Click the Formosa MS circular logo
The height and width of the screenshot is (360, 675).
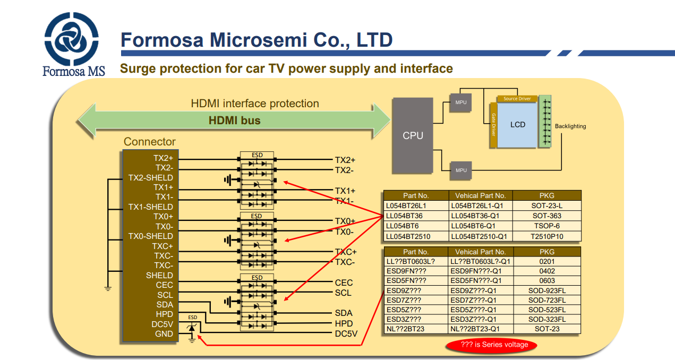[71, 39]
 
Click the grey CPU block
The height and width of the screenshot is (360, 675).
[413, 135]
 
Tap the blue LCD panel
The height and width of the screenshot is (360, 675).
[517, 125]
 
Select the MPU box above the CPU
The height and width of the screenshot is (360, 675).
[461, 102]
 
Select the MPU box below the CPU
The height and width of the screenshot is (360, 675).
[461, 170]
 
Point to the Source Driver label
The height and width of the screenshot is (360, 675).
[517, 99]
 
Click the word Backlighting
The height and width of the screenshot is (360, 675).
[570, 126]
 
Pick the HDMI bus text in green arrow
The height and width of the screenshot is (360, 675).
[234, 121]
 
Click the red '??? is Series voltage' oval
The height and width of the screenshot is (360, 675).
[492, 345]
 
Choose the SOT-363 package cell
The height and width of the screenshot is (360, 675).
[547, 216]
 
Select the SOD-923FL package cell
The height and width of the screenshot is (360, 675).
[547, 290]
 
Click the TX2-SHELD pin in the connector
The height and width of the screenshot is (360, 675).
[151, 178]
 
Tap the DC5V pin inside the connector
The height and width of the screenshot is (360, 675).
[162, 324]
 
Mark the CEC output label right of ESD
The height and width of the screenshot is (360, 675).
[344, 282]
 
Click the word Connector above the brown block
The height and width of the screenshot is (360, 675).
[149, 142]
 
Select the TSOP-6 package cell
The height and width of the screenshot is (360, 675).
[547, 226]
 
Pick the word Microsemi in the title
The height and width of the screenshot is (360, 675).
[258, 40]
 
